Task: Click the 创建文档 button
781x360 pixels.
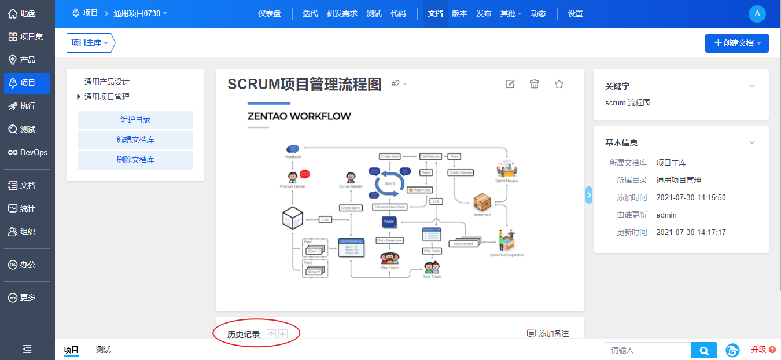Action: point(736,43)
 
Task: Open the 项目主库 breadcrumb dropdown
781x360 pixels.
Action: point(90,43)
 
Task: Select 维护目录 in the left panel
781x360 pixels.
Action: point(135,120)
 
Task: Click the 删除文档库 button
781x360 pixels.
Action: point(135,160)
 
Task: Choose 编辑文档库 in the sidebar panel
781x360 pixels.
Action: point(135,140)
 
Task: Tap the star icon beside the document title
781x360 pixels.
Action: point(559,85)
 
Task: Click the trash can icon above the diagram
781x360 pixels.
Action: point(534,85)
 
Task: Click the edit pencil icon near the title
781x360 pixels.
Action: point(510,85)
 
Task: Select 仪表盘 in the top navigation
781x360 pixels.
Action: point(270,14)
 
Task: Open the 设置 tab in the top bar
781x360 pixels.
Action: point(575,14)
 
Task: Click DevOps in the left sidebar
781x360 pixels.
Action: point(28,153)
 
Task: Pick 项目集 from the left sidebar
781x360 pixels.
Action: point(28,37)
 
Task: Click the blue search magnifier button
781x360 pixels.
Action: point(703,350)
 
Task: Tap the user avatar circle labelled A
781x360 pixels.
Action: point(757,14)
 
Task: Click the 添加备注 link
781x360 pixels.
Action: point(548,334)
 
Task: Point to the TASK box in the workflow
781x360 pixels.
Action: point(389,222)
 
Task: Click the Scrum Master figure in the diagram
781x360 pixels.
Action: point(351,178)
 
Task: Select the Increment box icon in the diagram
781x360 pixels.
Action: point(482,202)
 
